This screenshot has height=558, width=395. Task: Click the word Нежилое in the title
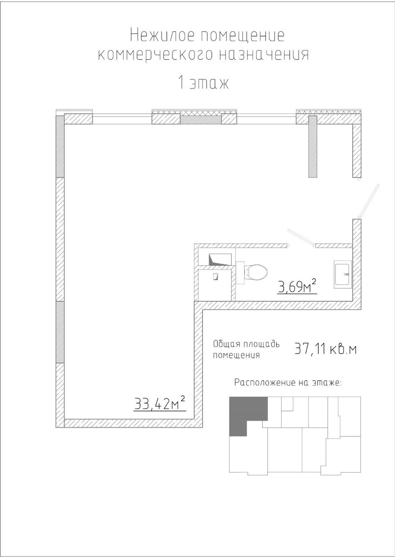161,35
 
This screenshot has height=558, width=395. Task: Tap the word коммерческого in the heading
155,54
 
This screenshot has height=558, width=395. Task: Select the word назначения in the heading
264,54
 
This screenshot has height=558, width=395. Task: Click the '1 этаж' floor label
203,83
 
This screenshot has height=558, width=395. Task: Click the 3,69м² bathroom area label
297,286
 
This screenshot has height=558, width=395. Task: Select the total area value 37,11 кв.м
326,349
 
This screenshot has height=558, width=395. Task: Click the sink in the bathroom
343,274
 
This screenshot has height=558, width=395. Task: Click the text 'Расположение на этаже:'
288,382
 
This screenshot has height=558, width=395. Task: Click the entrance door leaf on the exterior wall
369,201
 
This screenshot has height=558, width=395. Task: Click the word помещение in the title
242,35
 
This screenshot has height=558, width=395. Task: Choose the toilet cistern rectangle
240,273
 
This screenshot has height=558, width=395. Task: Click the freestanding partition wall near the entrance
313,146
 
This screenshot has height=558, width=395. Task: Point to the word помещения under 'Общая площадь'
236,355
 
